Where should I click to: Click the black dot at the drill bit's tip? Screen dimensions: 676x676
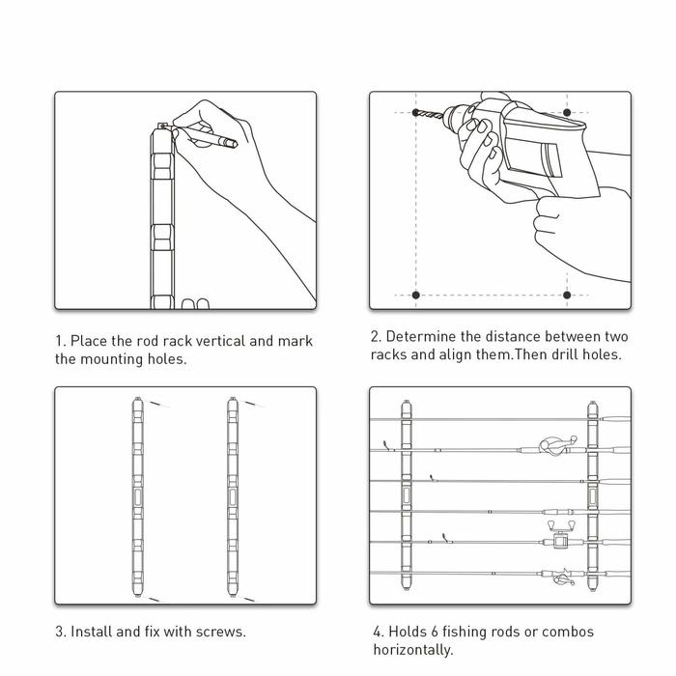click(x=416, y=113)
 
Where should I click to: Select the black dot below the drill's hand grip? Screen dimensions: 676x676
click(x=568, y=295)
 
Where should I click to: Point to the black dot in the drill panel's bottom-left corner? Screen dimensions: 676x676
click(x=416, y=295)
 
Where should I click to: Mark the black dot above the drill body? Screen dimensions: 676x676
click(x=568, y=113)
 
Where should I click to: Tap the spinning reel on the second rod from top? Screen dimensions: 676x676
click(x=554, y=447)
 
